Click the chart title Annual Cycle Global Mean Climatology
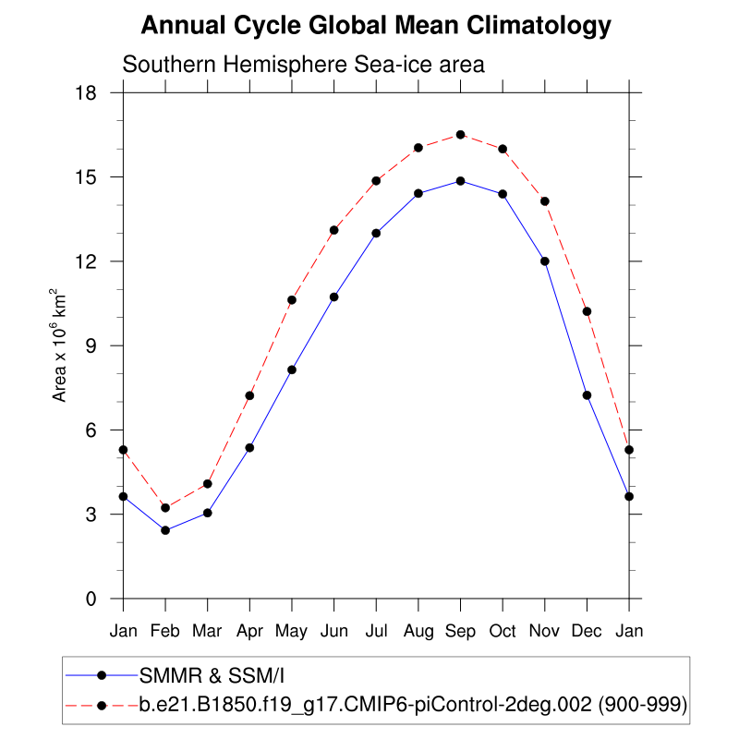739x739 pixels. coord(376,26)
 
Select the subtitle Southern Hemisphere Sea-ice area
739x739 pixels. coord(304,66)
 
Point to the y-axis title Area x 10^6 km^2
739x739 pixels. coord(60,345)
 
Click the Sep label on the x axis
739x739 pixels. coord(460,631)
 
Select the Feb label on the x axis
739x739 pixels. coord(165,631)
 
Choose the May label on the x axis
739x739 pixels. coord(292,631)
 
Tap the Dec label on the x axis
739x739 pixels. coord(587,631)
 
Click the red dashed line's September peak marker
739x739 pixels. coord(460,135)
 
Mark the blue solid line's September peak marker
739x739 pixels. coord(460,181)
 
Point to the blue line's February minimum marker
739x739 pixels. coord(165,530)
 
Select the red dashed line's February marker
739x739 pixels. coord(165,508)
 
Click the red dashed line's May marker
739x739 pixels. coord(292,300)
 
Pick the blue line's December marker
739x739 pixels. coord(587,395)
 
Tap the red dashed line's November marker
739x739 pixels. coord(545,201)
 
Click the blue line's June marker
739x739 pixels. coord(333,297)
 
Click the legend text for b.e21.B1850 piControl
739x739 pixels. coord(412,706)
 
